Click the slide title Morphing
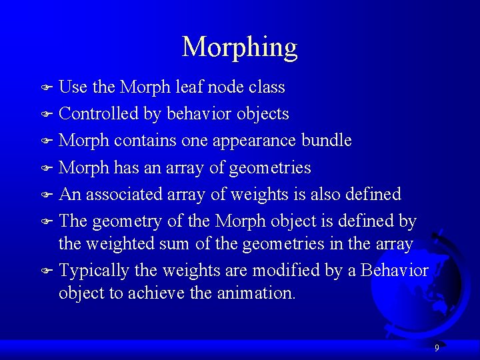click(x=239, y=47)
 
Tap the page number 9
click(x=437, y=347)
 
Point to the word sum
click(x=177, y=244)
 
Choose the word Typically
click(x=94, y=271)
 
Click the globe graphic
click(x=420, y=280)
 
